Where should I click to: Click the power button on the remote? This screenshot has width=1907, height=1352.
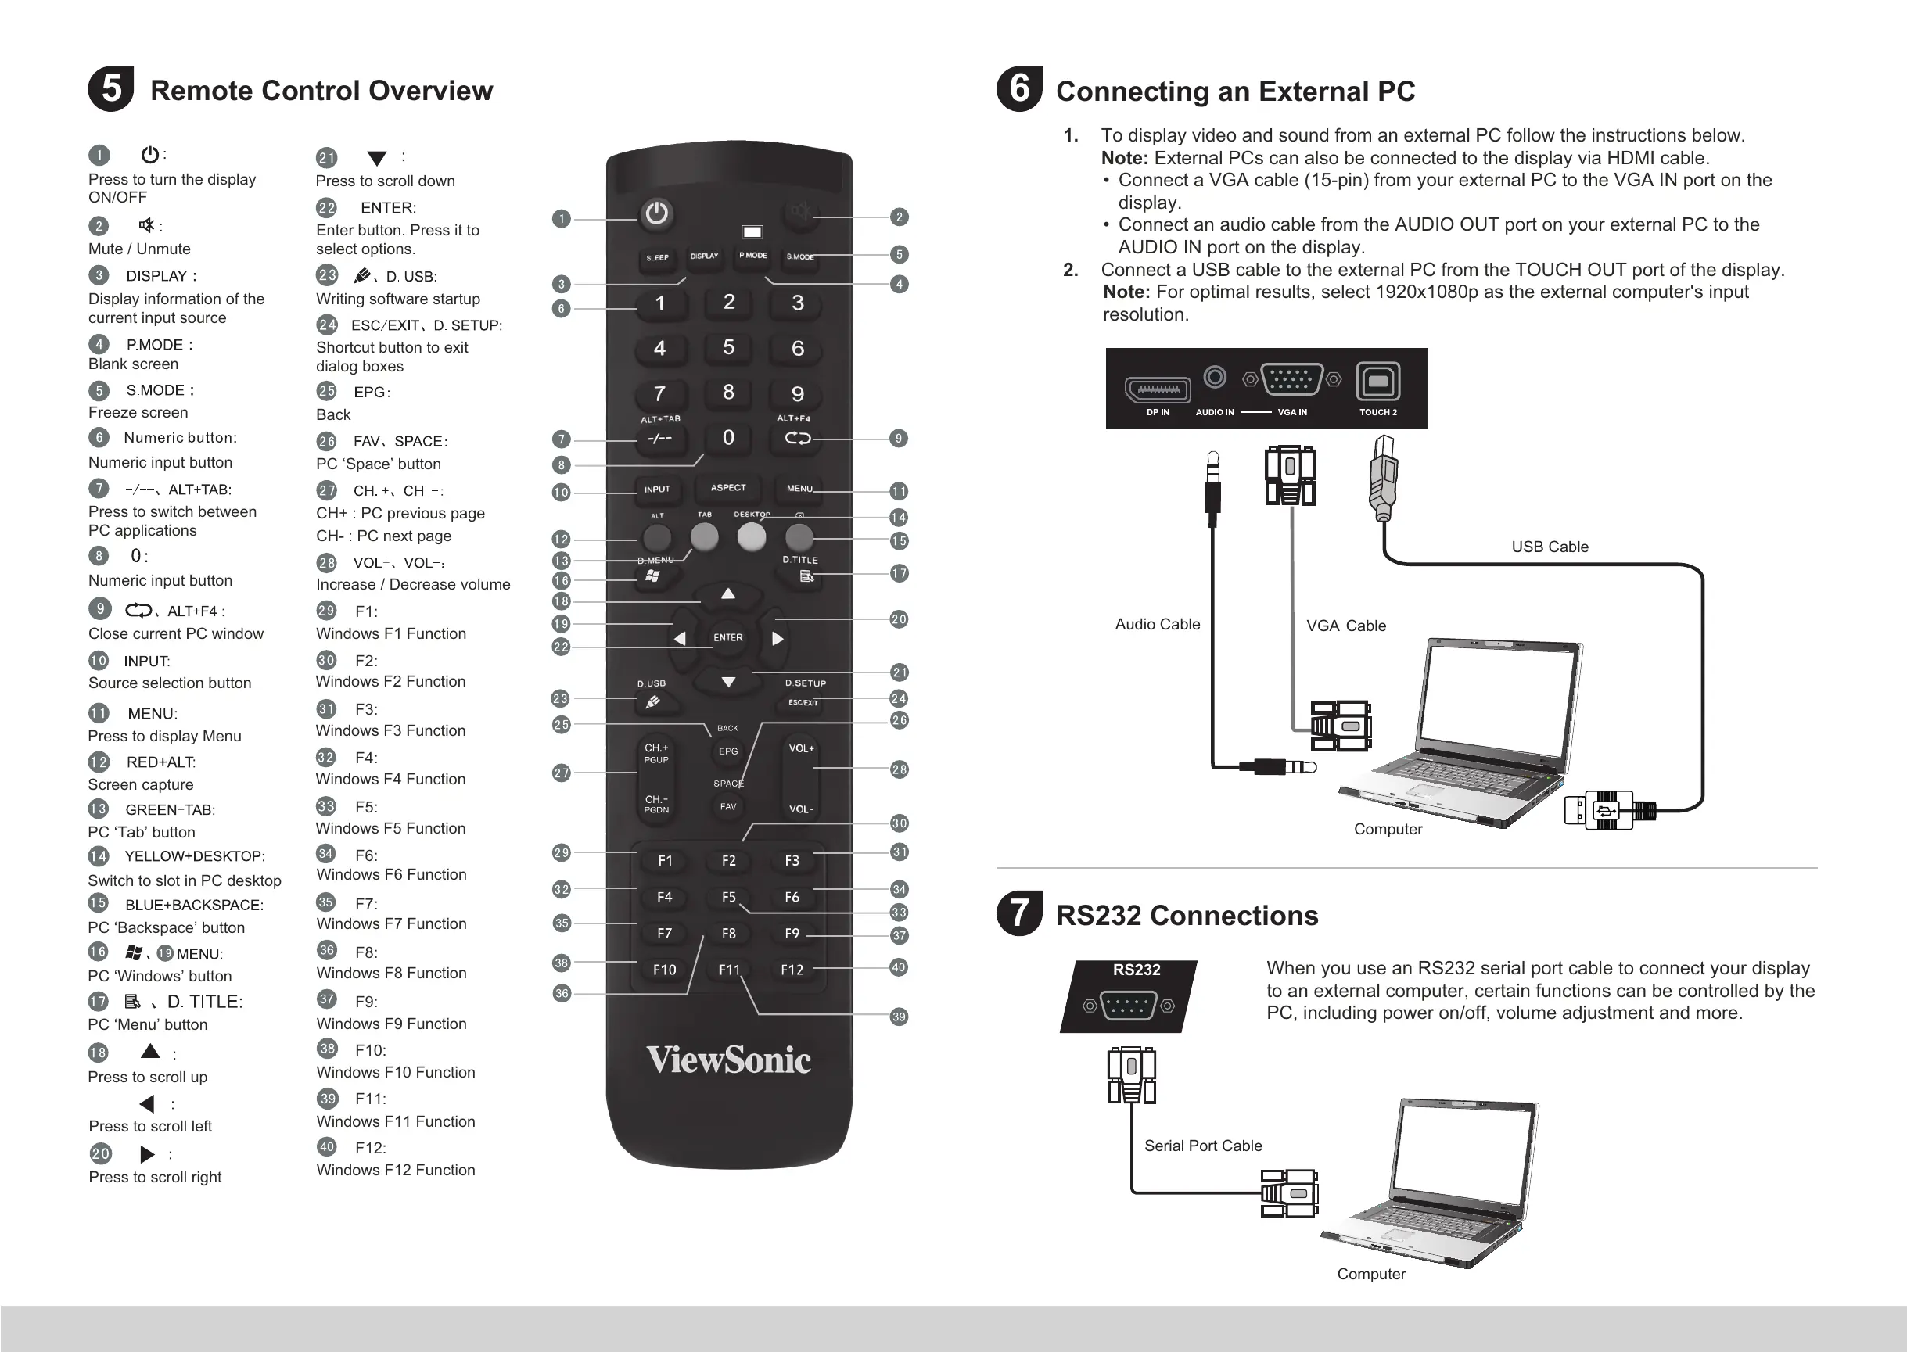click(656, 213)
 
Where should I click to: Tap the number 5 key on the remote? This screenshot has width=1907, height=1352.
click(729, 347)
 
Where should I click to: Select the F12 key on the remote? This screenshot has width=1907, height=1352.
click(792, 970)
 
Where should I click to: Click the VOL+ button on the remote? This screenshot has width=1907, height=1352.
click(801, 748)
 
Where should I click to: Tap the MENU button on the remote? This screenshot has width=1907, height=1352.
click(799, 489)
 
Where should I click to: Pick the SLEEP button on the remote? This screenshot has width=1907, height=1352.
click(657, 258)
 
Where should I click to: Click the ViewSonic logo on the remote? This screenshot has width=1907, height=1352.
click(729, 1060)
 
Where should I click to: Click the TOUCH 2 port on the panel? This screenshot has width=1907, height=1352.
click(1378, 382)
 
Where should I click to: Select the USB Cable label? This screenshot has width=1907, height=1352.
click(1550, 547)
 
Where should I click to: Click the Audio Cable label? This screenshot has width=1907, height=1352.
click(1158, 624)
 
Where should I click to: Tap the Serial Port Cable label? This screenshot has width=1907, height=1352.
click(1202, 1146)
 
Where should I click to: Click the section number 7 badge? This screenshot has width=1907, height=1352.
click(1019, 913)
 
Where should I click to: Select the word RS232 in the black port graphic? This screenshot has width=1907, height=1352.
click(1136, 970)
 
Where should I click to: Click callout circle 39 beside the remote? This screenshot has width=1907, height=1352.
click(899, 1017)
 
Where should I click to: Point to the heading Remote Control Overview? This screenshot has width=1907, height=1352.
click(321, 91)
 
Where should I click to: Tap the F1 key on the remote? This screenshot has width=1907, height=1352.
click(665, 861)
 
